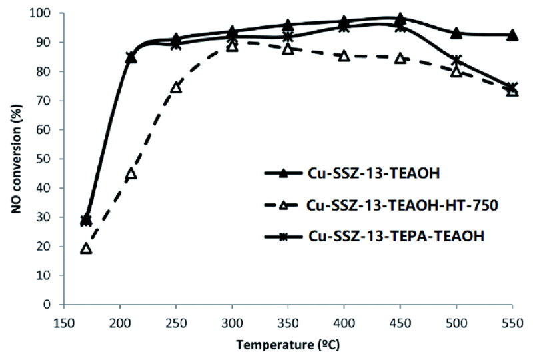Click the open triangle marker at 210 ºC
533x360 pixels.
pos(131,174)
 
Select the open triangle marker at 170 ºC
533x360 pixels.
pos(86,249)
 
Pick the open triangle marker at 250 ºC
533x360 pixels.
pos(176,87)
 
